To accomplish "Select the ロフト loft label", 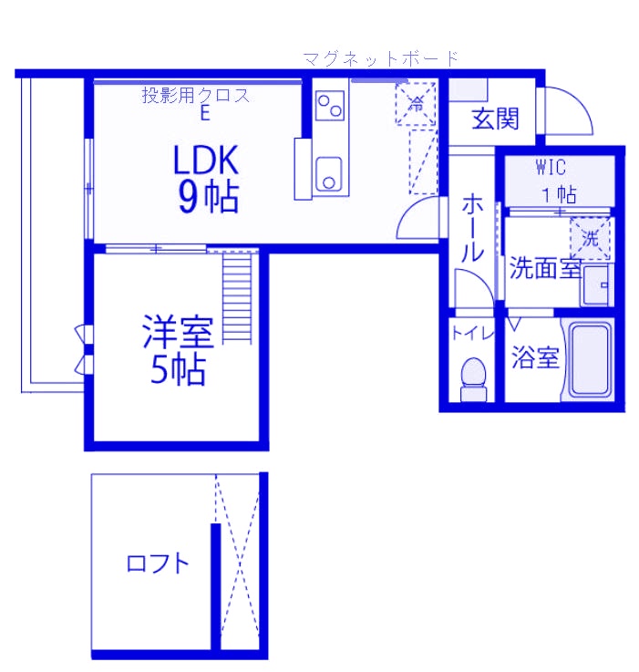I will (158, 563).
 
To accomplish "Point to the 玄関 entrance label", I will (495, 119).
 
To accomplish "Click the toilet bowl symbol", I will (472, 376).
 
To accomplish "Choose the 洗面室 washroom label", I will (544, 269).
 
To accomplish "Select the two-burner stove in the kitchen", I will (329, 104).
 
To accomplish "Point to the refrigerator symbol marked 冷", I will (416, 102).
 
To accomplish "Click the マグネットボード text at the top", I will (380, 59).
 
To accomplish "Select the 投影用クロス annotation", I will (195, 95).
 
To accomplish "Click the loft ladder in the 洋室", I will (236, 296).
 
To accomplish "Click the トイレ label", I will (472, 334).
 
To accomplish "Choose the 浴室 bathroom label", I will (534, 358).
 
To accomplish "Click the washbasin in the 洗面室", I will (598, 284).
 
